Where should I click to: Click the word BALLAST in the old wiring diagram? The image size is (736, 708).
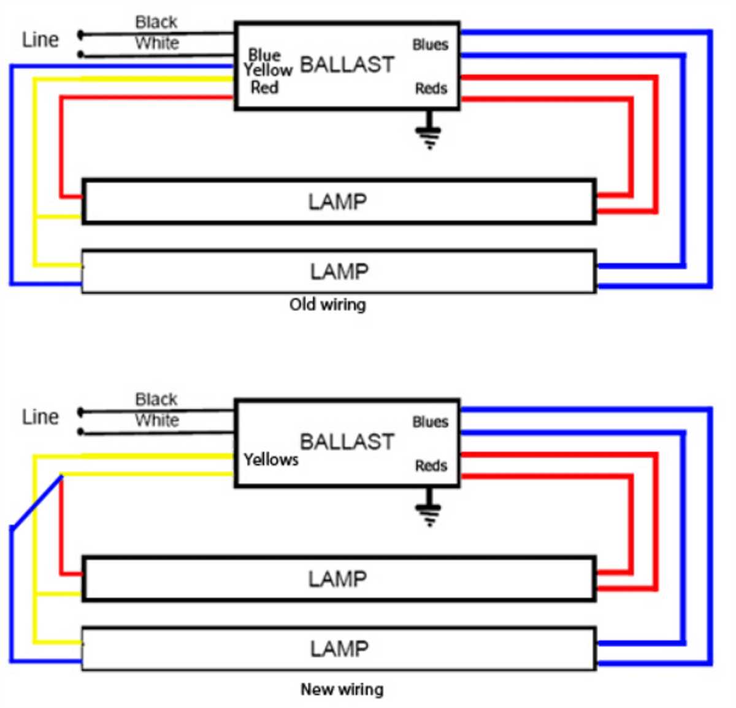347,64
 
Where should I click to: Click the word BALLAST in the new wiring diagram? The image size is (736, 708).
347,442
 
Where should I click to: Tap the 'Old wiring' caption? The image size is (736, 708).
328,304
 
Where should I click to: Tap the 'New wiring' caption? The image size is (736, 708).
342,690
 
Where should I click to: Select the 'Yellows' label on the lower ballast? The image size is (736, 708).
270,460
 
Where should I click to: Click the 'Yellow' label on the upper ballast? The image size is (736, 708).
268,71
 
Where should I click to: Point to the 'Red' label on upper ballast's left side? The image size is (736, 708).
264,88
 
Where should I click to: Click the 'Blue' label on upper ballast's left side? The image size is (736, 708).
264,55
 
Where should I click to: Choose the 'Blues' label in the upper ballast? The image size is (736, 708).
430,45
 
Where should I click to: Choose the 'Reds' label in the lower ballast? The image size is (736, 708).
431,466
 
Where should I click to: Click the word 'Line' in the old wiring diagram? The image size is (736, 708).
40,40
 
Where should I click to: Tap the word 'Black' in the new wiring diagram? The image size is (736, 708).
156,399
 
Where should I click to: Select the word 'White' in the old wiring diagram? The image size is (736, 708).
157,44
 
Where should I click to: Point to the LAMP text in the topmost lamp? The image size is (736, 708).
337,202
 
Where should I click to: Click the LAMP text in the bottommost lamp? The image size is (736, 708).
339,648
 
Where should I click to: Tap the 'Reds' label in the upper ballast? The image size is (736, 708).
431,89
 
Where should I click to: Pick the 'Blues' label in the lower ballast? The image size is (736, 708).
430,422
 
